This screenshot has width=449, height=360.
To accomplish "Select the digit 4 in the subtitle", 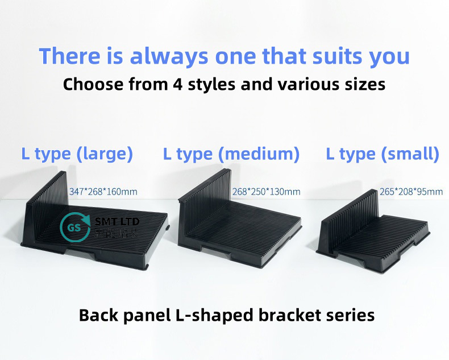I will coord(178,85).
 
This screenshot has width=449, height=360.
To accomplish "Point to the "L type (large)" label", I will coord(77,154).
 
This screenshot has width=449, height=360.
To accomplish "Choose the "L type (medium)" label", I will coord(231,154).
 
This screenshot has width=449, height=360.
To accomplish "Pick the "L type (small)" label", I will coord(383,154).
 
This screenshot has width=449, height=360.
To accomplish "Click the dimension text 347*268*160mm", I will coord(103,192).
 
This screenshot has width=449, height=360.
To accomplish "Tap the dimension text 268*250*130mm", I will coord(266,192).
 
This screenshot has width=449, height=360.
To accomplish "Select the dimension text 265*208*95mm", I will coord(411,192).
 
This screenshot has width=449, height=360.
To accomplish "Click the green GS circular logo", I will coord(75,227).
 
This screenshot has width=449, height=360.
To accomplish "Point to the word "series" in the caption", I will coord(350,315).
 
